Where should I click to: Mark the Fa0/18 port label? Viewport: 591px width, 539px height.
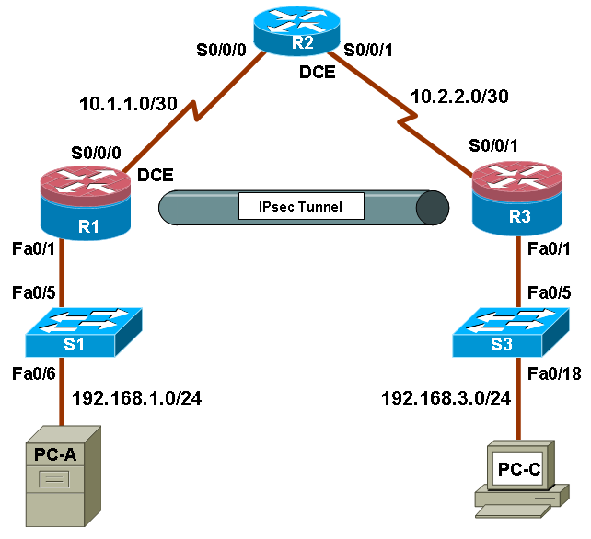click(554, 373)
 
